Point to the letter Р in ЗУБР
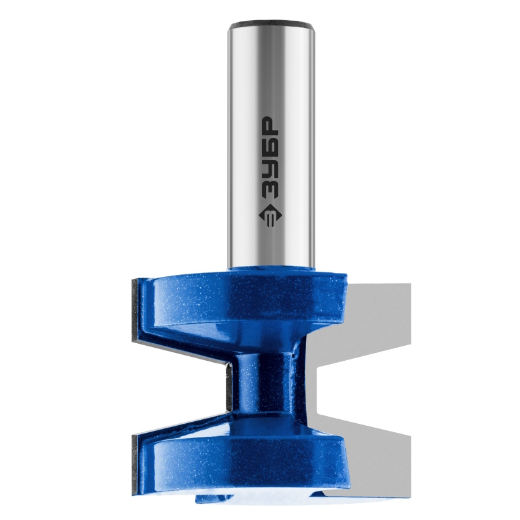270,125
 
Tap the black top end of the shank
270,24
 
